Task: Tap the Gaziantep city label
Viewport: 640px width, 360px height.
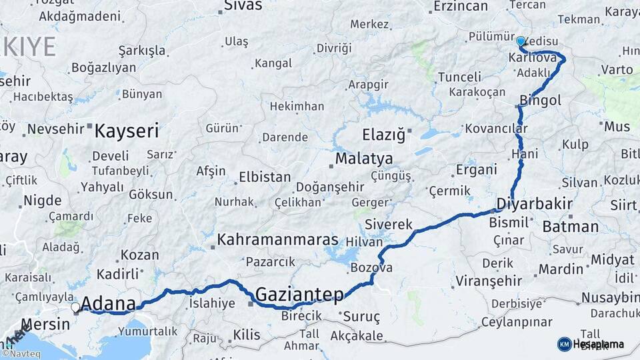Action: tap(299, 294)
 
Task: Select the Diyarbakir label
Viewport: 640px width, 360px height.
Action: tap(531, 203)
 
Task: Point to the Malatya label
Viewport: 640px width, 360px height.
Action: tap(364, 159)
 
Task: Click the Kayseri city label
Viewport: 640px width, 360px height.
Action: tap(127, 130)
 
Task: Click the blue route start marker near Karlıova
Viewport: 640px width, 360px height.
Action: tap(521, 41)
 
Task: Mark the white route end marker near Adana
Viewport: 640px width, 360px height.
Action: tap(75, 307)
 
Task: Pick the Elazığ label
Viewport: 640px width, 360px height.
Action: tap(383, 135)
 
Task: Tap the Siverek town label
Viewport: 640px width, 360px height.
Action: tap(389, 225)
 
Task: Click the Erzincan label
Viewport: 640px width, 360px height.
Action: tap(460, 6)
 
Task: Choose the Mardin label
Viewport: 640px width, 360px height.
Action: tap(561, 269)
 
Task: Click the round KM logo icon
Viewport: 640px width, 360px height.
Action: tap(564, 344)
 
